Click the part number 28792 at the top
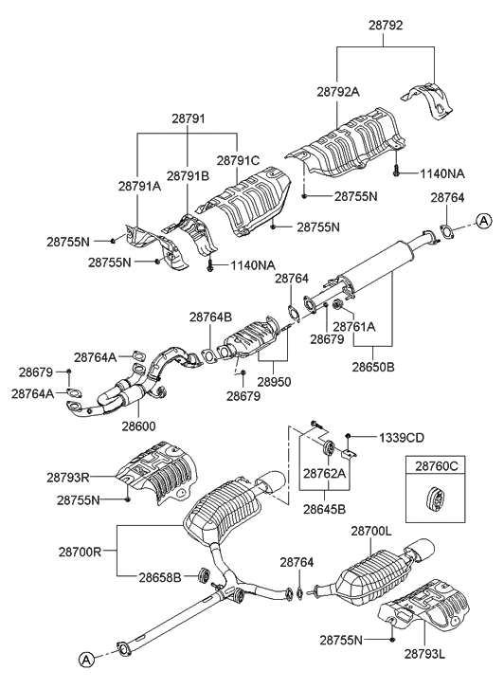pyautogui.click(x=386, y=26)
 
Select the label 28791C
pyautogui.click(x=238, y=161)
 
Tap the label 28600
pyautogui.click(x=139, y=426)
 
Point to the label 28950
pyautogui.click(x=274, y=381)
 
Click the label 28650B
pyautogui.click(x=373, y=367)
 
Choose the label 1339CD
pyautogui.click(x=402, y=438)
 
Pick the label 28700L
pyautogui.click(x=370, y=532)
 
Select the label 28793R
pyautogui.click(x=68, y=478)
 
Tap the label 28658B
pyautogui.click(x=160, y=577)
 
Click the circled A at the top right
pyautogui.click(x=484, y=221)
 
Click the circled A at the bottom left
pyautogui.click(x=86, y=659)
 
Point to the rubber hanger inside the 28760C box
pyautogui.click(x=435, y=499)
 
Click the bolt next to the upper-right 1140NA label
pyautogui.click(x=396, y=171)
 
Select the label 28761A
pyautogui.click(x=354, y=327)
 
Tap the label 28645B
pyautogui.click(x=324, y=509)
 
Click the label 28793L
pyautogui.click(x=425, y=654)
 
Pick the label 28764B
pyautogui.click(x=211, y=317)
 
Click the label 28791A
pyautogui.click(x=139, y=187)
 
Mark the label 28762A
pyautogui.click(x=324, y=473)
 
